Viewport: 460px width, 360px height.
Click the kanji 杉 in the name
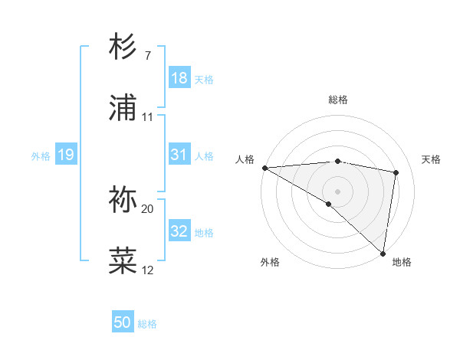pos(123,47)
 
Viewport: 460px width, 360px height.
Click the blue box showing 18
pos(179,78)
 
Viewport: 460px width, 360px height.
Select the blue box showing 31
pos(179,155)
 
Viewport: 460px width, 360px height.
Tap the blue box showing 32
pos(179,231)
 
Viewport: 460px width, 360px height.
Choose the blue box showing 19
pos(65,155)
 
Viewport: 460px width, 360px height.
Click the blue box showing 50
pos(123,322)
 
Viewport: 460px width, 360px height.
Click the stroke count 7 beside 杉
pos(147,56)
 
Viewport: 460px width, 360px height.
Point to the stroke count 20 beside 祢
pos(148,208)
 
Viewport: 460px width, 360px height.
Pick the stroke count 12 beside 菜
pos(148,270)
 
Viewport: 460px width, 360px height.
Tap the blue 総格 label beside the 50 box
pos(147,324)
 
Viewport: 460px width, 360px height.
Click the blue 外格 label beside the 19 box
pos(41,156)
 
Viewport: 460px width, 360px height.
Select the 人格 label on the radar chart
pos(245,159)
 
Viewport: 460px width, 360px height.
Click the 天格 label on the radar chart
pos(431,159)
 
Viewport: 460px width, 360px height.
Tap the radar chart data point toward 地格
pos(383,253)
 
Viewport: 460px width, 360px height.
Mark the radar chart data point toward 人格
pos(264,168)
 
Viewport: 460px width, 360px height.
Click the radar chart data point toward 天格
pos(396,172)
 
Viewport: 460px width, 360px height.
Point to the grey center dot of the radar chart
pos(337,190)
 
